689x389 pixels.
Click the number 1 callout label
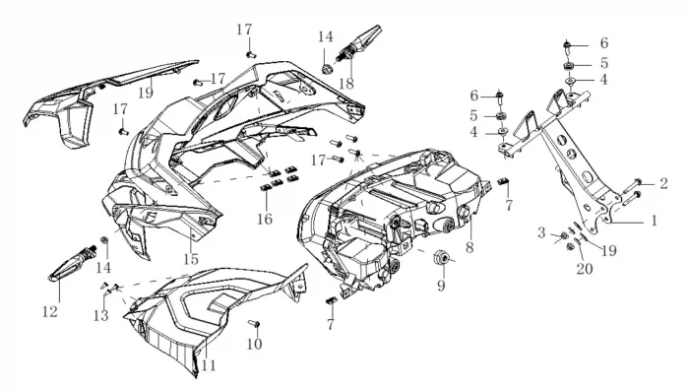click(x=654, y=221)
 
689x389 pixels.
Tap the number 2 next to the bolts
click(x=663, y=183)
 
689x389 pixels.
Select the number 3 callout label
click(x=541, y=233)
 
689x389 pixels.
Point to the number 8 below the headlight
click(x=470, y=247)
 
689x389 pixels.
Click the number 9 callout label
click(x=441, y=286)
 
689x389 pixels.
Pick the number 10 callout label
click(x=254, y=344)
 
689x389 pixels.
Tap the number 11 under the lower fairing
click(x=209, y=365)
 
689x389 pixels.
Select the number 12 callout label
click(x=50, y=311)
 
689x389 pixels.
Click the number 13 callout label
click(x=100, y=315)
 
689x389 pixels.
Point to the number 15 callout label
click(x=191, y=259)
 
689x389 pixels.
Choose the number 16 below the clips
click(x=265, y=219)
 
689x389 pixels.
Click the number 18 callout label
click(x=346, y=84)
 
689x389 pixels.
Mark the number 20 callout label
click(x=585, y=268)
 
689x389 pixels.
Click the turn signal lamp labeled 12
click(x=72, y=264)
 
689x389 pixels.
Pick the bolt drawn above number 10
click(x=254, y=324)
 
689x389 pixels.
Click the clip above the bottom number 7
click(x=331, y=300)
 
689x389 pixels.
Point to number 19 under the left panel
click(x=145, y=93)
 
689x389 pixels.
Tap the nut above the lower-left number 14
click(x=104, y=240)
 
